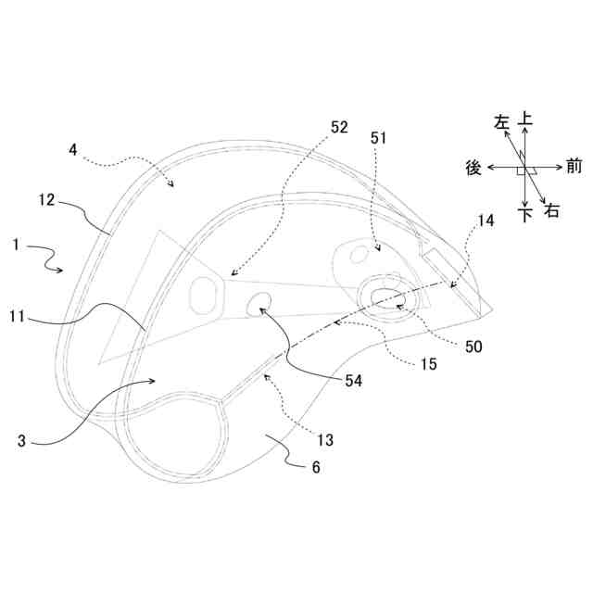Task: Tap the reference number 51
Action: [381, 136]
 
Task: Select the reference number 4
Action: [74, 147]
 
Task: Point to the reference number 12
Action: [47, 199]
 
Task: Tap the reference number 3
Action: [21, 442]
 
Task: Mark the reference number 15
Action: [427, 364]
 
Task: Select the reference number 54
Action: [353, 380]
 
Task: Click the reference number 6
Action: [315, 467]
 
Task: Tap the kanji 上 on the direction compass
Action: [525, 120]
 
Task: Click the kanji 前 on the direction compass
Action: [574, 168]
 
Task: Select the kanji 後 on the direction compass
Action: [473, 168]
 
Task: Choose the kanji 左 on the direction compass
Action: [502, 122]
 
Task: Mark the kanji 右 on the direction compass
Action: [552, 212]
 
